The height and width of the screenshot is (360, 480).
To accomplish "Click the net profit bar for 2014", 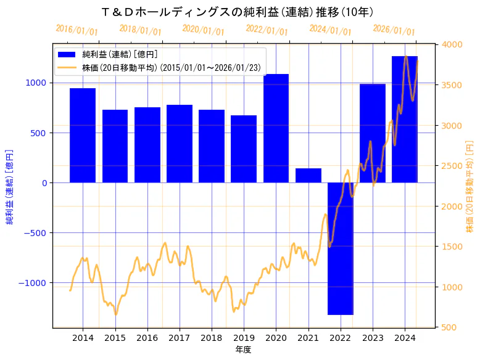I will point(83,136).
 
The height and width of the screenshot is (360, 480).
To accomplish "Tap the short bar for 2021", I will point(308,176).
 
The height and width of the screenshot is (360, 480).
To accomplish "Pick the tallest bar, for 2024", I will point(405,120).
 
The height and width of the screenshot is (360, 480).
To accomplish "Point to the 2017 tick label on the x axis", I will point(180,338).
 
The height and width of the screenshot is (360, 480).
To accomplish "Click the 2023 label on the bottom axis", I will point(373,338).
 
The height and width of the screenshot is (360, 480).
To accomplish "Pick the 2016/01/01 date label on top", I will point(77,30).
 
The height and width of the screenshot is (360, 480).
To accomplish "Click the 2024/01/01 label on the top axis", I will point(330,30).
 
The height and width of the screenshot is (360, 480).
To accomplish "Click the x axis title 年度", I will point(244,350).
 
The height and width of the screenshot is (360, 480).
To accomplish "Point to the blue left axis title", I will point(10,186).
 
